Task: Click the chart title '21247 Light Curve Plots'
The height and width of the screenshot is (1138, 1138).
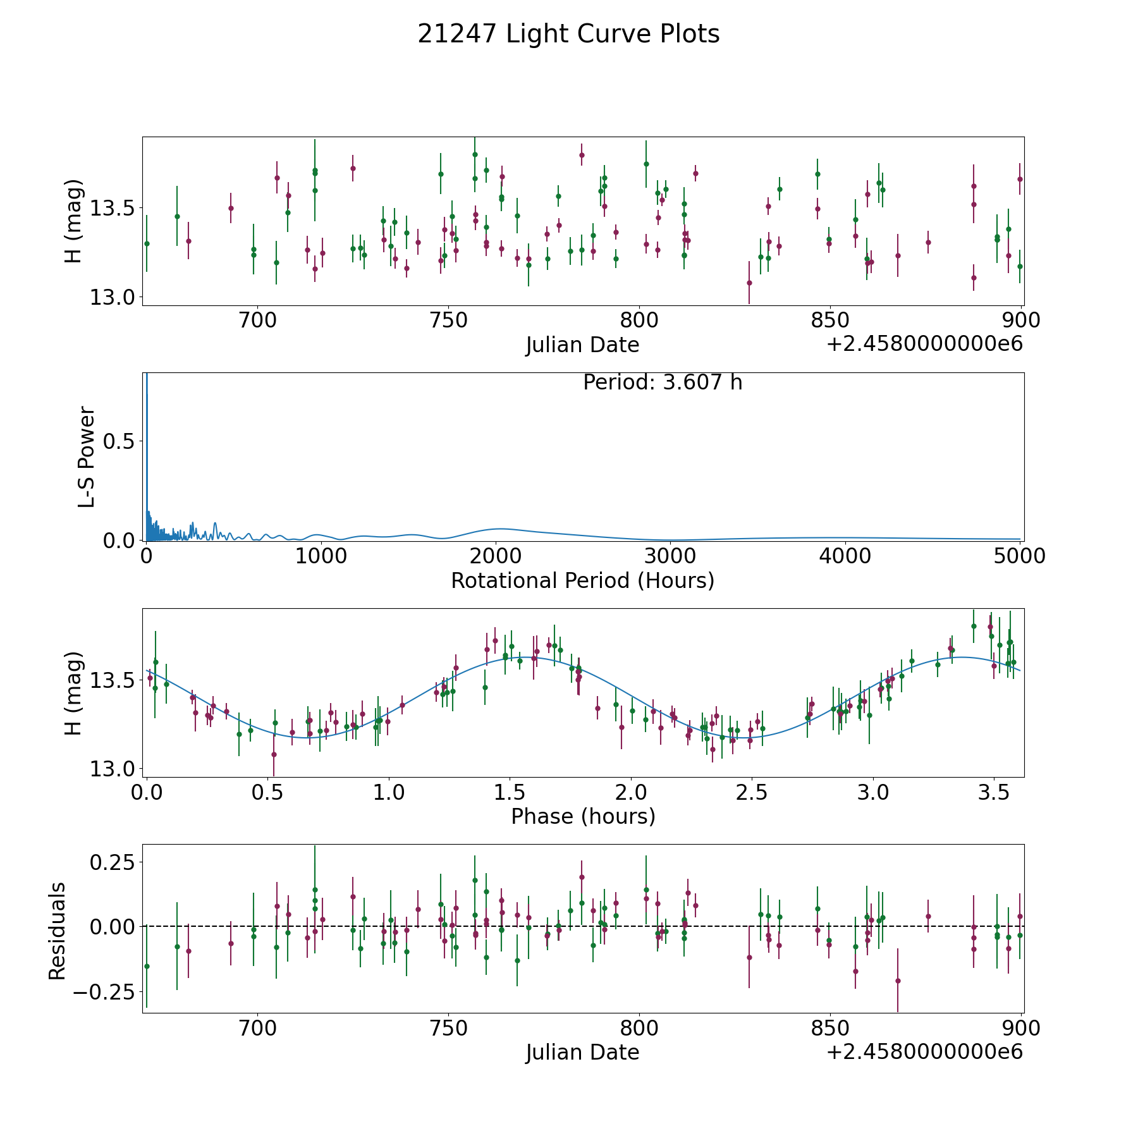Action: tap(568, 34)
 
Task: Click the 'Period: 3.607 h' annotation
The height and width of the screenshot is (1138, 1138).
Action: tap(662, 382)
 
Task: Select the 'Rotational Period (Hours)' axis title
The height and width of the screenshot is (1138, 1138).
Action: tap(582, 580)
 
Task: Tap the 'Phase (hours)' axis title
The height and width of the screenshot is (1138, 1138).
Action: tap(583, 816)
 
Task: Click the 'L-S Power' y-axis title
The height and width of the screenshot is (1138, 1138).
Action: tap(87, 456)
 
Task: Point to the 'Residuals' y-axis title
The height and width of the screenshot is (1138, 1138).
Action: tap(57, 931)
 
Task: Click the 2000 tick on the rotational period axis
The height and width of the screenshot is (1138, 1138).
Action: tap(495, 556)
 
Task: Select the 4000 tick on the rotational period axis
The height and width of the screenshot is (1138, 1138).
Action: tap(845, 556)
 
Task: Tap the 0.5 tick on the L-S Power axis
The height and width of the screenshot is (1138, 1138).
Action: tap(120, 441)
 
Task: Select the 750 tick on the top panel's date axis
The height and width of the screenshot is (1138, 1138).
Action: tap(448, 321)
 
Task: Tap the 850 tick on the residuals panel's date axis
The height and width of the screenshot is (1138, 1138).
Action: tap(829, 1028)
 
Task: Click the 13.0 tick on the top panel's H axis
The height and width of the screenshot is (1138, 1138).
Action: tap(112, 297)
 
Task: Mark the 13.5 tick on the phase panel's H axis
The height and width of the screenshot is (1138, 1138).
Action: tap(112, 680)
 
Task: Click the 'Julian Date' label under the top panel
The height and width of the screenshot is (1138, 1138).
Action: tap(582, 345)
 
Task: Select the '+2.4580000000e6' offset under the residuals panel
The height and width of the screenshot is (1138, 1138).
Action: tap(924, 1052)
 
